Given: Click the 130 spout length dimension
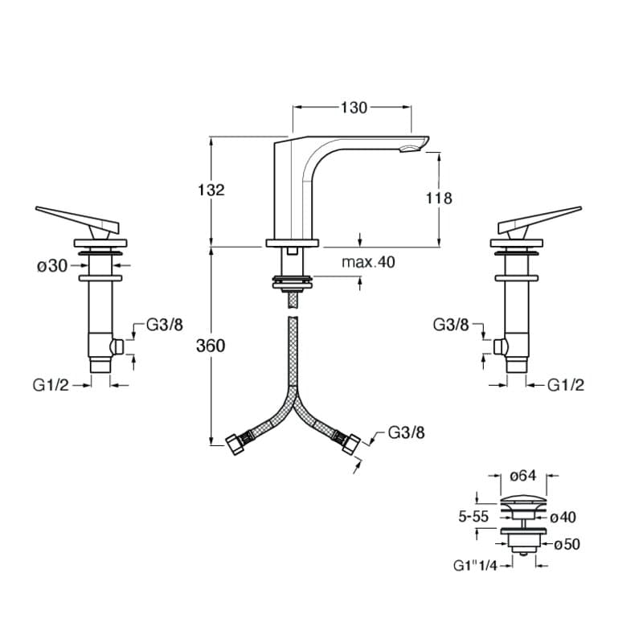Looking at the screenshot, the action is (x=354, y=108).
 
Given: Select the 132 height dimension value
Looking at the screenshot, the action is (x=211, y=190).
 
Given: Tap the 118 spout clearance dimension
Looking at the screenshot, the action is (x=439, y=198).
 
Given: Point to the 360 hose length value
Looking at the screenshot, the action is (x=211, y=346).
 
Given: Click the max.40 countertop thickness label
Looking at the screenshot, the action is (x=368, y=262).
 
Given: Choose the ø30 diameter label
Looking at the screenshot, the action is (x=52, y=266).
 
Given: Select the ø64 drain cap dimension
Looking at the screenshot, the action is (x=523, y=475).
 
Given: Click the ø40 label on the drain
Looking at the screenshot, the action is (x=563, y=517).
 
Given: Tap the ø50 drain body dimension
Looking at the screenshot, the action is (x=567, y=544).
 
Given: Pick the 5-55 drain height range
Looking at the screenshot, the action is (x=473, y=517).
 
